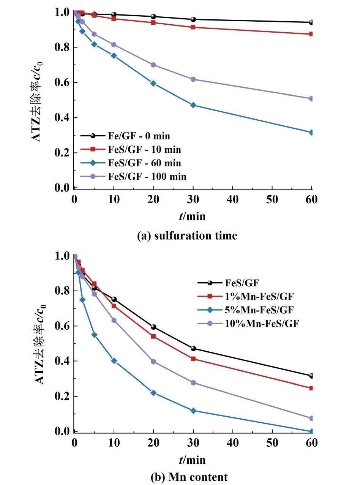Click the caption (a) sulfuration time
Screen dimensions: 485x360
click(187, 235)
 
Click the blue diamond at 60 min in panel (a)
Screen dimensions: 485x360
click(312, 133)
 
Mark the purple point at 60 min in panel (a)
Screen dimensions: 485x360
click(312, 99)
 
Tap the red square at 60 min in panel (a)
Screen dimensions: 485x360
click(312, 34)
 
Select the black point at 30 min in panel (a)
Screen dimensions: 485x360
click(193, 19)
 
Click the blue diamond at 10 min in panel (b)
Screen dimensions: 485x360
click(114, 361)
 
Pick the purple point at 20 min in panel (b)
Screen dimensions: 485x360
click(153, 362)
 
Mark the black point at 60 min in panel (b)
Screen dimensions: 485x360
click(312, 376)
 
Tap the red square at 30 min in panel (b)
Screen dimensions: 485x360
click(193, 359)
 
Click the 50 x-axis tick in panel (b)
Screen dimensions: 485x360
click(272, 443)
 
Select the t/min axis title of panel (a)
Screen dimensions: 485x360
click(192, 216)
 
